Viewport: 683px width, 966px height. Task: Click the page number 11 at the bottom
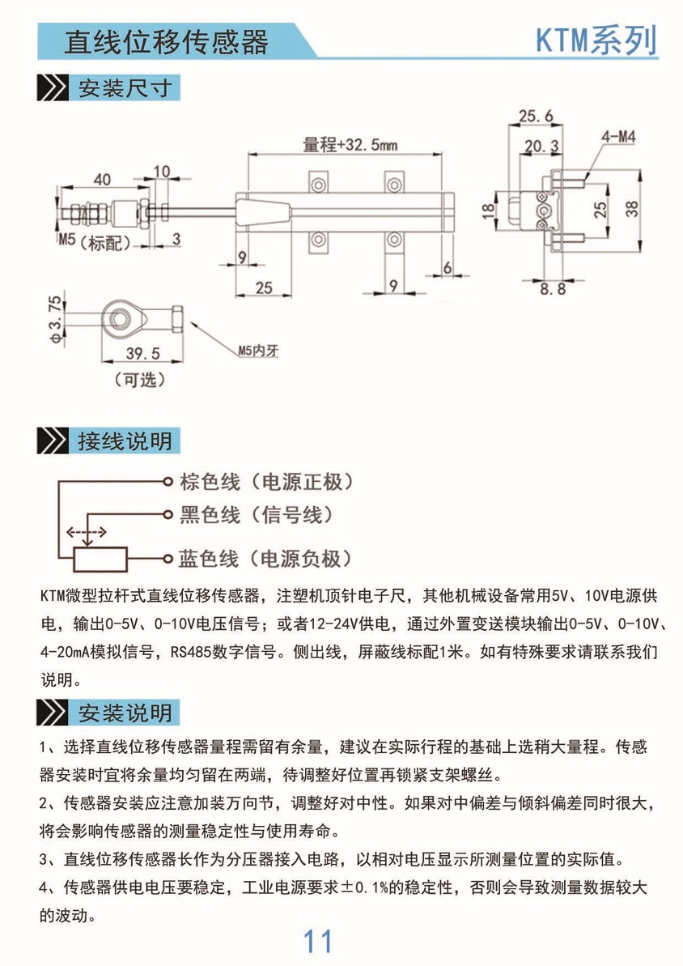tap(317, 942)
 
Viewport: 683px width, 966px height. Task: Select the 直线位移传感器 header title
tap(166, 41)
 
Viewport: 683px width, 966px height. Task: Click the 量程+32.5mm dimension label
tap(350, 146)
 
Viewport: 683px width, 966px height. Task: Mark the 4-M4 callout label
tap(617, 138)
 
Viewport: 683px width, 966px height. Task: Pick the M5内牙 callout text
tap(257, 351)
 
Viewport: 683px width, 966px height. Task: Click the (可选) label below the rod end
tap(139, 379)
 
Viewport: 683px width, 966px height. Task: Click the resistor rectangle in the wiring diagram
tap(100, 558)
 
